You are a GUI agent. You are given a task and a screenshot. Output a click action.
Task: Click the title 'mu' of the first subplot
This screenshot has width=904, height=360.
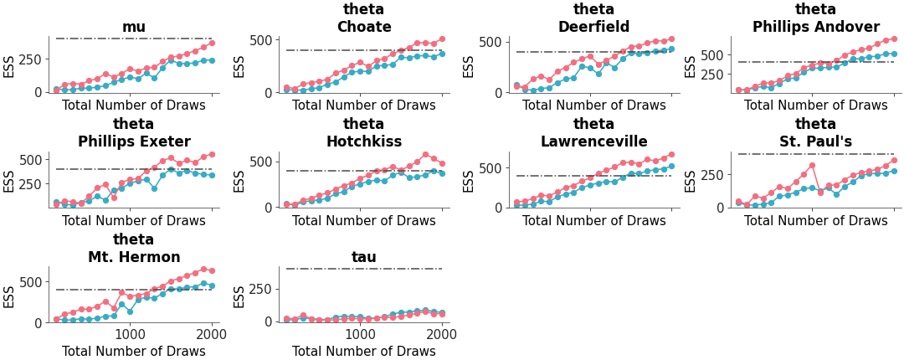(134, 27)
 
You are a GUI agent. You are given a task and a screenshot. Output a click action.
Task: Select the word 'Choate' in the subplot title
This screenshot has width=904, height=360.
(364, 27)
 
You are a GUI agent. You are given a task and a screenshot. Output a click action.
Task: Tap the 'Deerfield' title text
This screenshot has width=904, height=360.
(593, 27)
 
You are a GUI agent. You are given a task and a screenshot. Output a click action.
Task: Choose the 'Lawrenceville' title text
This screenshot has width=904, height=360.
(593, 141)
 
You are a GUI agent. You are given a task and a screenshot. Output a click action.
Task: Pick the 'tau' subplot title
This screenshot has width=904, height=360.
(364, 257)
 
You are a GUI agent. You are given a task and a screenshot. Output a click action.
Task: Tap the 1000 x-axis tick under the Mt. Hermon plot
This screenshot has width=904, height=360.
(131, 332)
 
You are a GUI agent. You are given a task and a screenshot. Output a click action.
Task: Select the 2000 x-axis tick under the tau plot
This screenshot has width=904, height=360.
(442, 332)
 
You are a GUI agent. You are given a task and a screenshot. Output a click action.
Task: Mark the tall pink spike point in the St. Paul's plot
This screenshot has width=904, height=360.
(812, 165)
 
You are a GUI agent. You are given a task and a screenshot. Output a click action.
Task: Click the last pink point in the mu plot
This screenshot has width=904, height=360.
(212, 43)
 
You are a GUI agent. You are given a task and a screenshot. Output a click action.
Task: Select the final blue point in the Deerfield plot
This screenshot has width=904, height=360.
(671, 49)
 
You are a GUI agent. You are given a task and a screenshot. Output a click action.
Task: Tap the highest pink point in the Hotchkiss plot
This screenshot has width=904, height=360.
(425, 154)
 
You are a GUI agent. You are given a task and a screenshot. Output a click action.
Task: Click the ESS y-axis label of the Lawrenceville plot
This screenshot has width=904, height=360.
(469, 181)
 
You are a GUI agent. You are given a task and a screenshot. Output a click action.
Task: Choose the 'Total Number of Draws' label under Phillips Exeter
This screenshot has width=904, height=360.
(134, 222)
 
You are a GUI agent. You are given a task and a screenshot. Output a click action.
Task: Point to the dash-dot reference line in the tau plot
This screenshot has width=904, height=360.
(364, 269)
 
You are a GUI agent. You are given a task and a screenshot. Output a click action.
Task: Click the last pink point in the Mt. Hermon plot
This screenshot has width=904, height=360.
(212, 270)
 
